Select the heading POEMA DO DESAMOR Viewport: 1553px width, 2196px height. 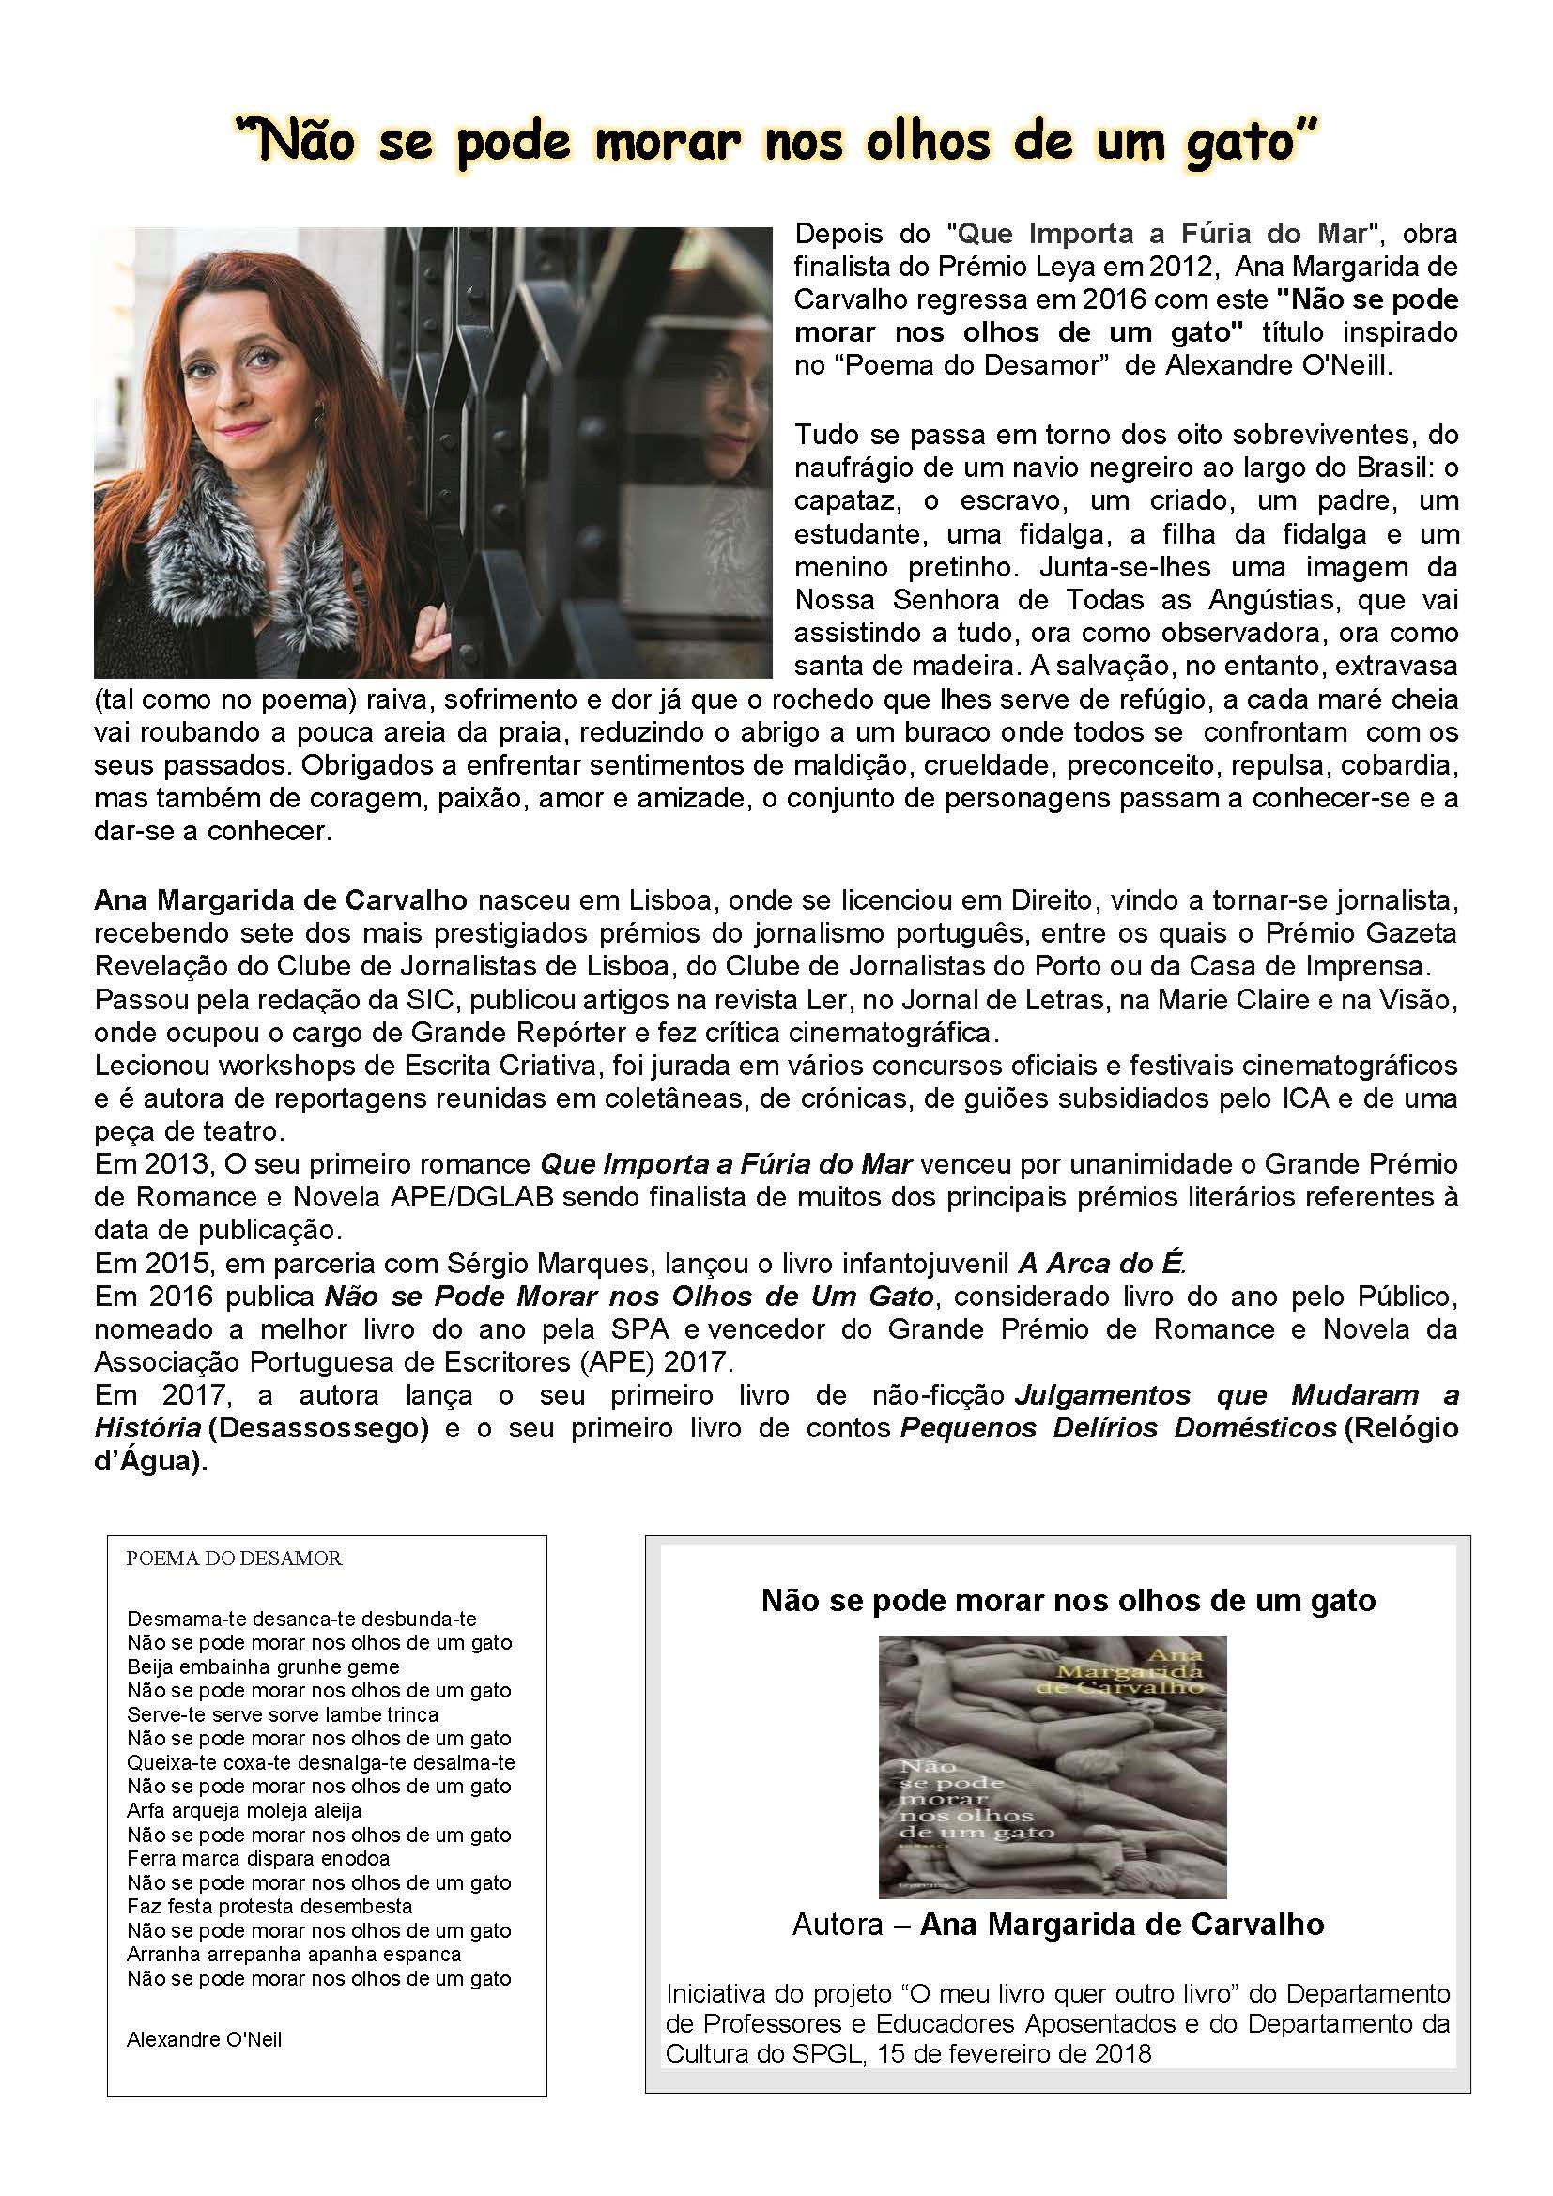[234, 1559]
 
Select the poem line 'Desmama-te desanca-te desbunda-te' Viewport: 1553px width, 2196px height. [301, 1620]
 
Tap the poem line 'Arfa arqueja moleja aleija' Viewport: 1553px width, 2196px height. [244, 1810]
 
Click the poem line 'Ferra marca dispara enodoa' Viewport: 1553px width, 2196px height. [258, 1858]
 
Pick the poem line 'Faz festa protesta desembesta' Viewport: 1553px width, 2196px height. [269, 1906]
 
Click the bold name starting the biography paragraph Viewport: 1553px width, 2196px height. [280, 900]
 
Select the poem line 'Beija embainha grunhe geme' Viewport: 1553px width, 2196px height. [263, 1667]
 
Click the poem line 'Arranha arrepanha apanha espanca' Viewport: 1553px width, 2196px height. [294, 1954]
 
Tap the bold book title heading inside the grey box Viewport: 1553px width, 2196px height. [1069, 1600]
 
